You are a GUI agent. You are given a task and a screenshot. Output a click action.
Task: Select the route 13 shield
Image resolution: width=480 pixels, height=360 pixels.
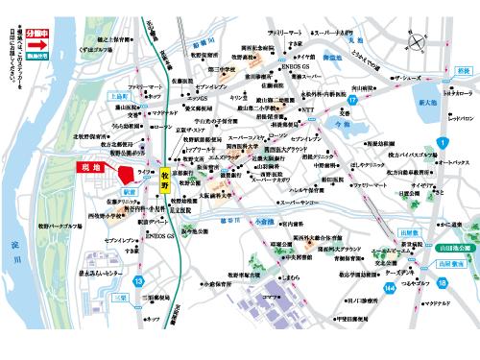(139, 281)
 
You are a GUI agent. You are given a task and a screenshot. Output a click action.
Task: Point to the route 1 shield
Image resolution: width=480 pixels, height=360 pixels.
(441, 142)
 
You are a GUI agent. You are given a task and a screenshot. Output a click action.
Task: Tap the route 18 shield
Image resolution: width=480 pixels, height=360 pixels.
(442, 282)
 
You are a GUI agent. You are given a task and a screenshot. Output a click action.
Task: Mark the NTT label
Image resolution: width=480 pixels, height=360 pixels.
(308, 109)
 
